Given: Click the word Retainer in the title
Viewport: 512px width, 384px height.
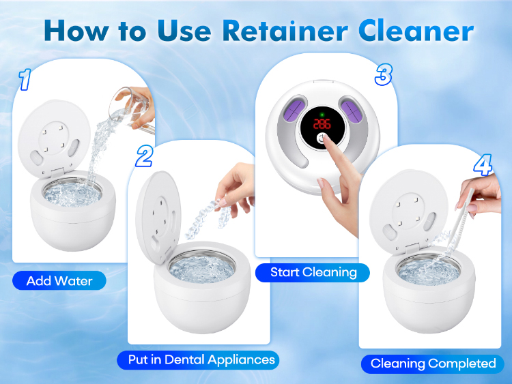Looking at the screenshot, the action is tap(285, 31).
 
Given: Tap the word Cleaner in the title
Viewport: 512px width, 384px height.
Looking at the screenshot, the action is tap(416, 31).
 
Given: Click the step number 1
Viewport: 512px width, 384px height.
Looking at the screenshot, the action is tap(25, 79).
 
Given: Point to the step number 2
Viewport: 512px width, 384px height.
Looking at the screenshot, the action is tap(144, 156).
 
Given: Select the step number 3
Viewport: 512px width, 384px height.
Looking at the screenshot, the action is tap(383, 75).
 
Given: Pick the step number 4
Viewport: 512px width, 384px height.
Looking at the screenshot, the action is tap(483, 165).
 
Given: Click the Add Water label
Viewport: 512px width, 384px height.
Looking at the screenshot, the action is tap(59, 280).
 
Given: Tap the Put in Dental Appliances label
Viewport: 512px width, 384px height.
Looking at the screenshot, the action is tap(198, 360).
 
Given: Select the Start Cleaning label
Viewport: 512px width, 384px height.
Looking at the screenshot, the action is tap(313, 272).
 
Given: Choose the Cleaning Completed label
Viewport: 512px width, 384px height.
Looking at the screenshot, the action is tap(433, 364).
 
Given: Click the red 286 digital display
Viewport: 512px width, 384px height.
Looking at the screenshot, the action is tap(322, 124).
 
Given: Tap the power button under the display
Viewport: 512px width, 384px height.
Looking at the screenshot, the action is tap(322, 138).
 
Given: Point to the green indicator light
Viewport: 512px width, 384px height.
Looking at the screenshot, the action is tap(322, 115).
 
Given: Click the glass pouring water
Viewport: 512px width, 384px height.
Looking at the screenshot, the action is tap(131, 108).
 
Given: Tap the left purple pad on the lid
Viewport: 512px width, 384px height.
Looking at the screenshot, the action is tap(293, 108).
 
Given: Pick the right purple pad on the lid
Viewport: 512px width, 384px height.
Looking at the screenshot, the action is tap(351, 110).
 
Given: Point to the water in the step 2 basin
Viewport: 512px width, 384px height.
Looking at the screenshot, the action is tap(201, 267).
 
